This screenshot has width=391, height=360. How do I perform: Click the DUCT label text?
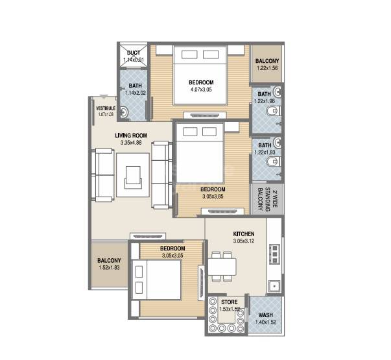[134, 53]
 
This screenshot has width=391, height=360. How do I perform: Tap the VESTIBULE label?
[106, 108]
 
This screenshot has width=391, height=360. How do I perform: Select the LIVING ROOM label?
[131, 136]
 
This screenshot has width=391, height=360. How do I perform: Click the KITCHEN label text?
[244, 234]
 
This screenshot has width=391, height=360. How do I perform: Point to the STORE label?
[228, 302]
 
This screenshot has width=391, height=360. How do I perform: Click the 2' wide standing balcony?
[259, 198]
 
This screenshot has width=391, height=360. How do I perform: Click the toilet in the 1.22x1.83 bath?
[276, 169]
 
